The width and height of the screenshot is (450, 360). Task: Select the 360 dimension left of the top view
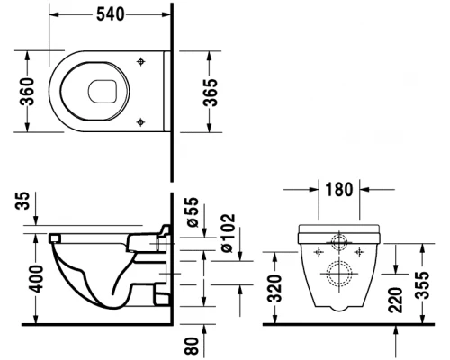tap(26, 90)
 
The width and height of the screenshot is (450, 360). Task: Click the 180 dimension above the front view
tap(338, 192)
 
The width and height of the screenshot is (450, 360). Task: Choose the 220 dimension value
tap(397, 299)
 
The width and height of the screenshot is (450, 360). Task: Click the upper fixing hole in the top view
tap(141, 61)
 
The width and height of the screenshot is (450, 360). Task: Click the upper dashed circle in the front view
tap(340, 242)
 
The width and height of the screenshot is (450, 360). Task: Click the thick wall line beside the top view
tap(170, 90)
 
